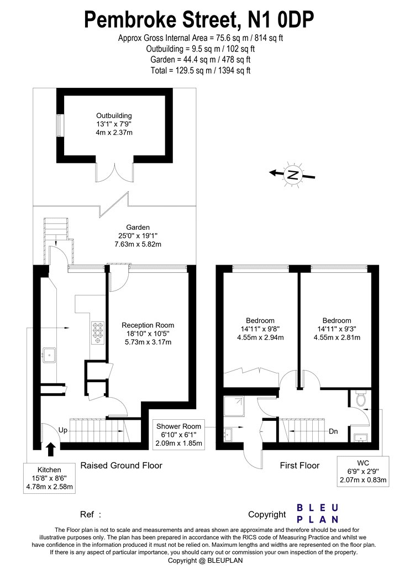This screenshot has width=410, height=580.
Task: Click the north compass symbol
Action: [292, 174]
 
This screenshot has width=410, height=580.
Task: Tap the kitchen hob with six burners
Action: [98, 332]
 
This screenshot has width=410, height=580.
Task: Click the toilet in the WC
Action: [360, 398]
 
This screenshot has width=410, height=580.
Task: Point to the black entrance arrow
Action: [51, 450]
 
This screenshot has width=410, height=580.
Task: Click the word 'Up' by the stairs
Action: [63, 430]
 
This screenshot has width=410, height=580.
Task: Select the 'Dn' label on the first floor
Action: [333, 431]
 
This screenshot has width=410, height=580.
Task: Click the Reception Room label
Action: [148, 325]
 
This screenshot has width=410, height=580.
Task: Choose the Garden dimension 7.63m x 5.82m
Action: [138, 244]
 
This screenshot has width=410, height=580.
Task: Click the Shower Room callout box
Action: [178, 435]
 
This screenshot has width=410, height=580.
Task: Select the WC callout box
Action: [363, 471]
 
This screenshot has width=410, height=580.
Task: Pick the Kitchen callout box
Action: [49, 478]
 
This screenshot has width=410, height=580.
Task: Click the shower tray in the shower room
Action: [234, 406]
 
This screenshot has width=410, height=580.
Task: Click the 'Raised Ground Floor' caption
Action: [122, 465]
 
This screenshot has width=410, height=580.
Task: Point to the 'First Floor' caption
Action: [299, 465]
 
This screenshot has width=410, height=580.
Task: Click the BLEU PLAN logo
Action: [318, 514]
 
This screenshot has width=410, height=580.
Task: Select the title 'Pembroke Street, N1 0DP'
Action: [199, 20]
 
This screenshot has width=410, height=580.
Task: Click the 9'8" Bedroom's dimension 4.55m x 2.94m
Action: [260, 337]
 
